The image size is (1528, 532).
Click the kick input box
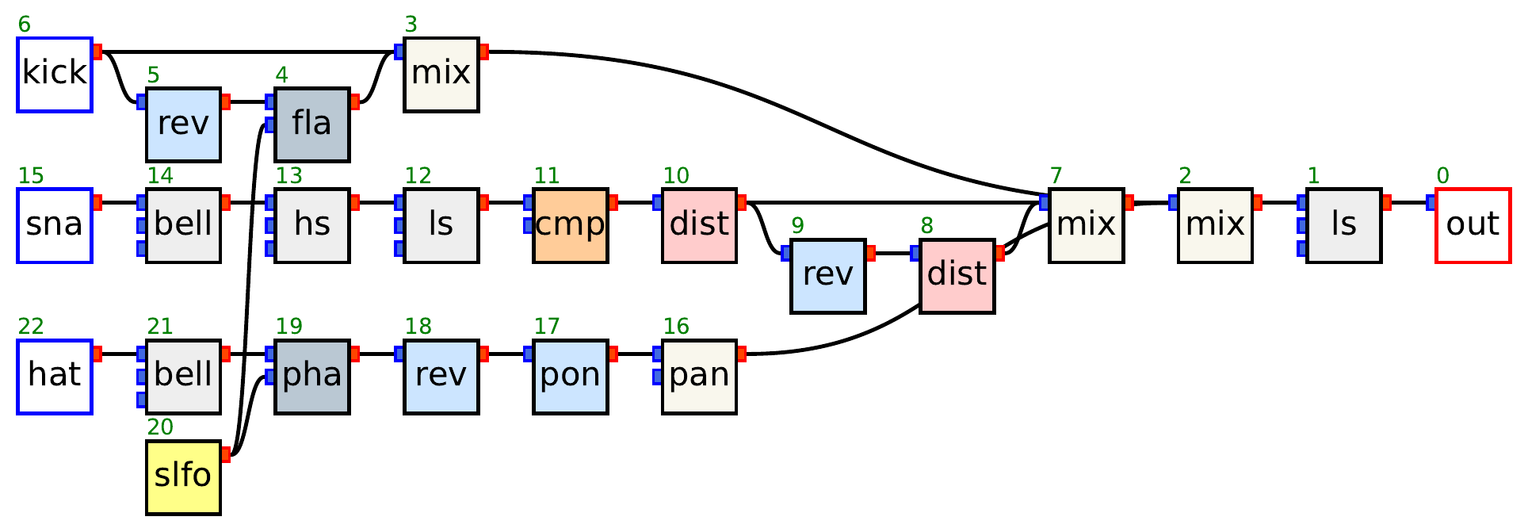(x=55, y=74)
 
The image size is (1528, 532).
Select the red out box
(x=1473, y=225)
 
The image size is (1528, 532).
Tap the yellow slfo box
(x=183, y=477)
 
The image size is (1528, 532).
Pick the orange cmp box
(x=570, y=225)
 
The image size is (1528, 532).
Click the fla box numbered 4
(x=311, y=124)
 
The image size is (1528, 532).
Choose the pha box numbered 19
(x=311, y=377)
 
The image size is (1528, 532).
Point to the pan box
(x=699, y=377)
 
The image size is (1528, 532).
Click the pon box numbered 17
(x=570, y=377)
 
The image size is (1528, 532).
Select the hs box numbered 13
(x=311, y=225)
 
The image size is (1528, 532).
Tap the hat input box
(x=55, y=377)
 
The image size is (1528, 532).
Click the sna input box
(x=55, y=225)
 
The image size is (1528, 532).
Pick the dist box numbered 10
(x=699, y=225)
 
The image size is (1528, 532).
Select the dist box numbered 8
(x=957, y=276)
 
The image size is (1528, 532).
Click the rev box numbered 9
(x=827, y=276)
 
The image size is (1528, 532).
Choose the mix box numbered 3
(x=441, y=74)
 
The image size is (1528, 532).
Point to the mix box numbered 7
(x=1086, y=225)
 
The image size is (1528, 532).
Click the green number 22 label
(x=31, y=327)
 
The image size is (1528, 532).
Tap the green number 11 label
(x=547, y=175)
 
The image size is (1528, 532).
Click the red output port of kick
(x=97, y=52)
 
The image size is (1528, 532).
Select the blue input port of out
(x=1431, y=203)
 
